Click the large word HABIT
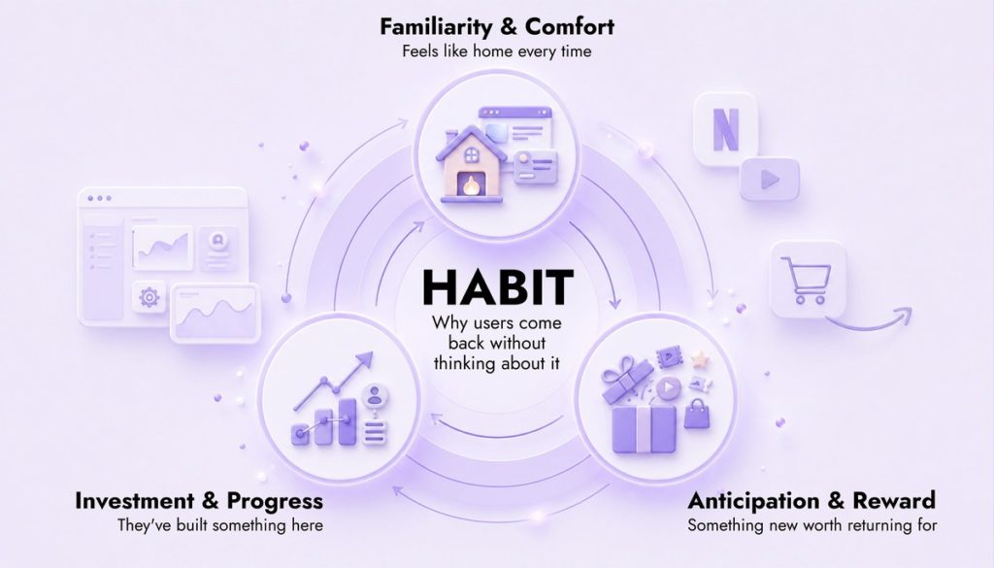(x=498, y=287)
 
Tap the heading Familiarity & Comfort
(x=497, y=26)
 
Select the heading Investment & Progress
(x=199, y=501)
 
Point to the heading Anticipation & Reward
(x=812, y=501)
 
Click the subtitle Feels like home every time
(x=497, y=51)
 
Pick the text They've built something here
(x=220, y=525)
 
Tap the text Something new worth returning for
(x=812, y=525)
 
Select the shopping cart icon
(x=807, y=281)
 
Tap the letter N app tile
(x=725, y=130)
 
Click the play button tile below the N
(x=770, y=180)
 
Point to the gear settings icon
(x=149, y=297)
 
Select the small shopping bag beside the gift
(x=697, y=415)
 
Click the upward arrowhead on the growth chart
(x=363, y=361)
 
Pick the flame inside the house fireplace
(x=471, y=185)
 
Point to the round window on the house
(x=472, y=154)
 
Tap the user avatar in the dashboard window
(x=218, y=240)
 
